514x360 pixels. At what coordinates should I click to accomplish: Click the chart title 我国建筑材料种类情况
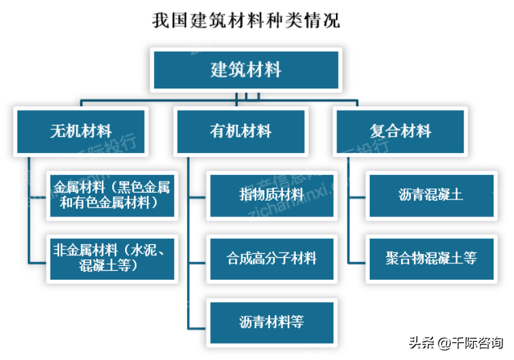point(246,20)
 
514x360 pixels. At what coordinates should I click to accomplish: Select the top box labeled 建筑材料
point(246,69)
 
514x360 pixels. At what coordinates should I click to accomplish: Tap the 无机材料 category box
point(81,131)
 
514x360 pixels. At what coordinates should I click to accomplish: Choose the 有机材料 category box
point(241,131)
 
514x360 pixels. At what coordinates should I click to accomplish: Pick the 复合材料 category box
point(400,131)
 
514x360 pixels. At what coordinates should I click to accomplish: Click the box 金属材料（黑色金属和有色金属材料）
point(112,195)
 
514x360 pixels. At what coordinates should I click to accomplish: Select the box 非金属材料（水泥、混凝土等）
point(112,259)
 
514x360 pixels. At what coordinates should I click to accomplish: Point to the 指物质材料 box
point(272,195)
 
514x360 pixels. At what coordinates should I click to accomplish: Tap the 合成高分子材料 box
point(272,259)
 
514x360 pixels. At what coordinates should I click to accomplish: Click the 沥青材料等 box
point(272,323)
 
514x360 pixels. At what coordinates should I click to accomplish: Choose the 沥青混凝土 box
point(431,195)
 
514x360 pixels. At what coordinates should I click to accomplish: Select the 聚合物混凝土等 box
point(431,259)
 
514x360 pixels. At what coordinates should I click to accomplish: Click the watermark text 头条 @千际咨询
point(456,343)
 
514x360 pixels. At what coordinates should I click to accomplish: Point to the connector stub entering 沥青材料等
point(197,328)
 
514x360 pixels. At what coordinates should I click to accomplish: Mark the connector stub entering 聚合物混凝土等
point(357,263)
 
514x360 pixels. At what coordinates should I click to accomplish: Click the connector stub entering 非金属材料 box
point(37,263)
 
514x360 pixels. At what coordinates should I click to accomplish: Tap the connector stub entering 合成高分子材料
point(197,263)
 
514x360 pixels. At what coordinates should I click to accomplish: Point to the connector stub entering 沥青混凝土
point(357,197)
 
